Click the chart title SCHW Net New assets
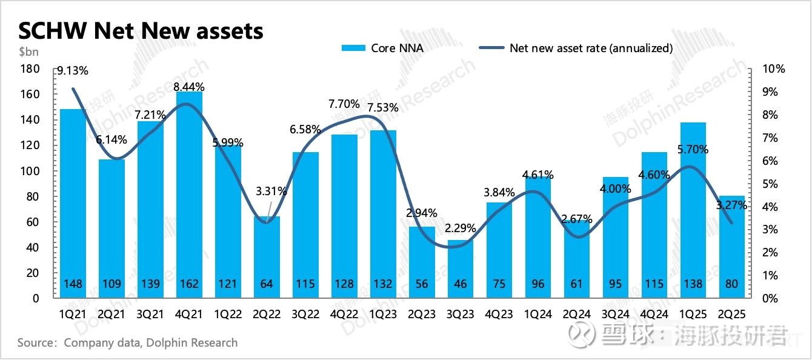point(141,30)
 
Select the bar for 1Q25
point(693,206)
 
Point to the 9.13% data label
point(73,70)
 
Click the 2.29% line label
point(460,229)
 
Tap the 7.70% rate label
point(344,104)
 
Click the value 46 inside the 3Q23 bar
point(460,284)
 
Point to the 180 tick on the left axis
point(30,69)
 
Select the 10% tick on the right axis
point(773,69)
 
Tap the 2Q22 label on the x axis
point(266,315)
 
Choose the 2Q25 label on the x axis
point(732,315)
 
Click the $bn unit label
point(28,53)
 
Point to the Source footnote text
point(127,343)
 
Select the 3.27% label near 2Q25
point(732,205)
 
